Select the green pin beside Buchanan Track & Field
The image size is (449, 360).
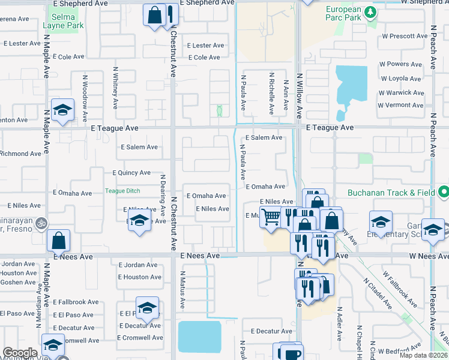click(x=443, y=193)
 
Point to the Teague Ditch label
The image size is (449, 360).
click(x=122, y=191)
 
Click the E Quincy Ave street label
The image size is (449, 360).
click(x=131, y=173)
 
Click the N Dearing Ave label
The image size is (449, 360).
click(x=162, y=195)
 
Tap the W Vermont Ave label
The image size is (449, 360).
click(x=400, y=106)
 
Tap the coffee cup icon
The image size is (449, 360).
click(x=292, y=352)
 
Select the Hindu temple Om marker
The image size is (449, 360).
click(x=41, y=221)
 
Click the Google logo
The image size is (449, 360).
click(x=20, y=352)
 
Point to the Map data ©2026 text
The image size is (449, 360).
click(x=423, y=356)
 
